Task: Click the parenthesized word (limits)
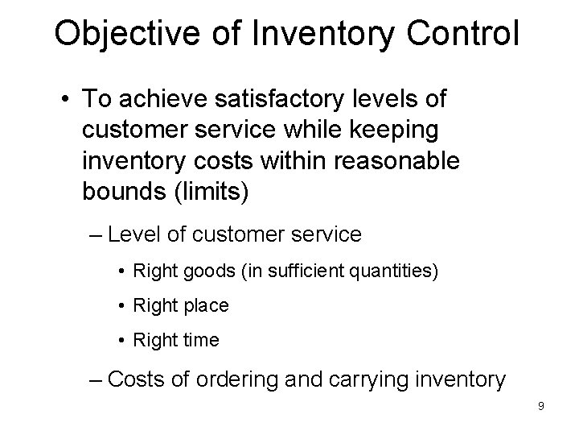coord(223,192)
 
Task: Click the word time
coord(201,341)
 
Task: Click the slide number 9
coord(540,406)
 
